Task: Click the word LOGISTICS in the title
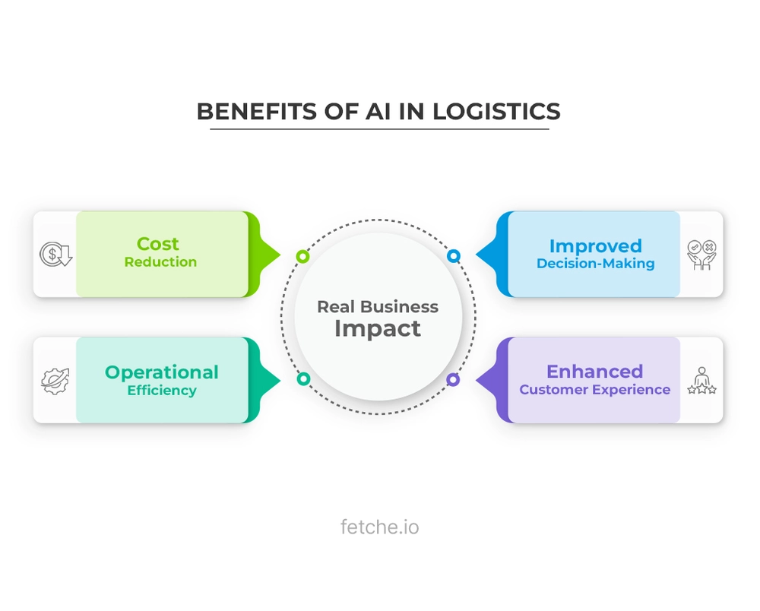pyautogui.click(x=496, y=112)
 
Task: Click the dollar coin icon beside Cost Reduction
pyautogui.click(x=55, y=254)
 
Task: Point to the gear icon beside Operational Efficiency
pyautogui.click(x=55, y=380)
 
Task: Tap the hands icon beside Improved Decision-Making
pyautogui.click(x=701, y=254)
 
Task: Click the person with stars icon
pyautogui.click(x=701, y=380)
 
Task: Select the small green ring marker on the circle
pyautogui.click(x=302, y=256)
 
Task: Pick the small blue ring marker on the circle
pyautogui.click(x=454, y=256)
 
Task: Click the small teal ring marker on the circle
pyautogui.click(x=302, y=378)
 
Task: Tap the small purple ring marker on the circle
pyautogui.click(x=454, y=378)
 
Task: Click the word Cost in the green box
pyautogui.click(x=158, y=244)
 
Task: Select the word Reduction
pyautogui.click(x=161, y=262)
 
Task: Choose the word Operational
pyautogui.click(x=161, y=372)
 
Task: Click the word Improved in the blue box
pyautogui.click(x=596, y=246)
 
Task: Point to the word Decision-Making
pyautogui.click(x=596, y=264)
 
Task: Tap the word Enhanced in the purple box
pyautogui.click(x=595, y=372)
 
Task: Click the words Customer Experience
pyautogui.click(x=595, y=390)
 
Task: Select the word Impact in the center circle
pyautogui.click(x=378, y=329)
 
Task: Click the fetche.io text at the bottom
pyautogui.click(x=379, y=527)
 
